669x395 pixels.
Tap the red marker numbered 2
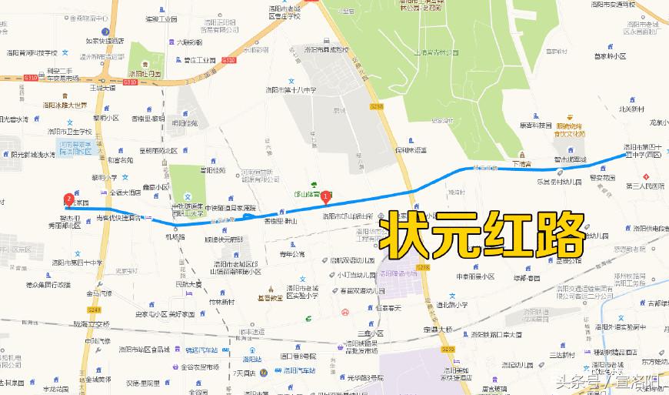(69, 199)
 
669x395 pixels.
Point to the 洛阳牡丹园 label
(144, 74)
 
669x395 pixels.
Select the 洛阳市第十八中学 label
(289, 91)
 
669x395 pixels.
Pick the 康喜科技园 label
(535, 125)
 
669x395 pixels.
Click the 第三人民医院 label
(644, 186)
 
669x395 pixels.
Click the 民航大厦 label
(188, 284)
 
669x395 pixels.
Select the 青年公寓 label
(291, 253)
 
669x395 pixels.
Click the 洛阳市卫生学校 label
(70, 132)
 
